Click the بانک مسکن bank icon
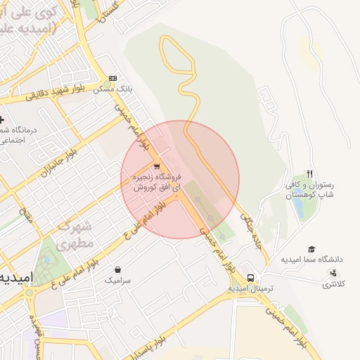coord(113,79)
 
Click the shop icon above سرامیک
coord(117,269)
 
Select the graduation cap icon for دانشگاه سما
coord(311,249)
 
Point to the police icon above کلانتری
coord(332,273)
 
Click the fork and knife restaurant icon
coord(309,174)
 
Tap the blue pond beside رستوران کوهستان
coord(298,208)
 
